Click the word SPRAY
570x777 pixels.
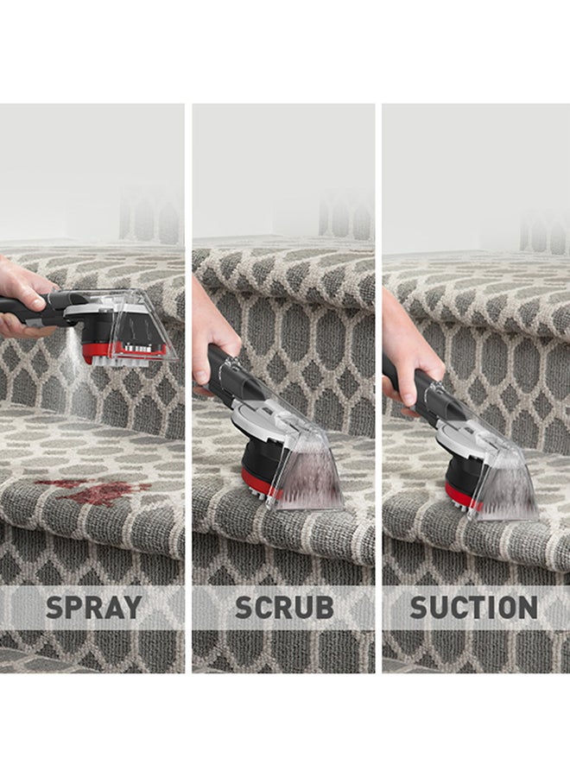click(93, 607)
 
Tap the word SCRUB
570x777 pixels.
click(284, 607)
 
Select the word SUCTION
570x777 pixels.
click(473, 607)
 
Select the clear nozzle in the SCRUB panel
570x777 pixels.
click(307, 471)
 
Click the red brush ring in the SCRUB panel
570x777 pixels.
click(257, 483)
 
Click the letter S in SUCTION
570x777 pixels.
click(419, 607)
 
